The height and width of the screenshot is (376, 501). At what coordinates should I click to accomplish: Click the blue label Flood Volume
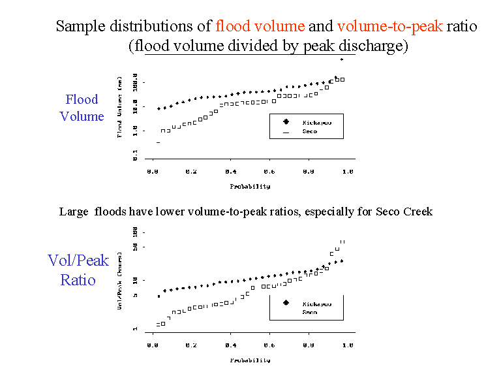tap(82, 108)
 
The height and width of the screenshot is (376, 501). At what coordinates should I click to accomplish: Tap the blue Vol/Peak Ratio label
tap(78, 270)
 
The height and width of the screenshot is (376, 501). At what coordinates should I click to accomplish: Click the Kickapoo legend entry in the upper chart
tap(316, 122)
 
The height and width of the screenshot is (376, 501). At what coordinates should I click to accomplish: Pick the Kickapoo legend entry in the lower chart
tap(316, 304)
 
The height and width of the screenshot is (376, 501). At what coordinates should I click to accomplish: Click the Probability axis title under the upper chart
tap(250, 186)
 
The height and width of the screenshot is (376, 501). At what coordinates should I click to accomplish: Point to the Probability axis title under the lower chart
tap(250, 360)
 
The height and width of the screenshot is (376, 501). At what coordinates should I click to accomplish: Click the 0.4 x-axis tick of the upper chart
tap(230, 172)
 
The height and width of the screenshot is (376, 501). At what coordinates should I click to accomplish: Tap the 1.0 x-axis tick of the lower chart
tap(347, 346)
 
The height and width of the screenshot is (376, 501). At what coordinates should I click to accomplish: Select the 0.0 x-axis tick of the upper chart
tap(153, 172)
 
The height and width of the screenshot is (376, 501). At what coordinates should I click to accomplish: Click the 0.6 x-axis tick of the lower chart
tap(269, 346)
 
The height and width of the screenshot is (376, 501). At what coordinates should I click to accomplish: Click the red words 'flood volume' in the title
tap(260, 27)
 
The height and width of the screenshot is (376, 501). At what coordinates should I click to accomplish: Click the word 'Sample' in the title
tap(77, 27)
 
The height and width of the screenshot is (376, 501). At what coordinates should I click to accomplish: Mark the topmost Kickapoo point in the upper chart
tap(341, 59)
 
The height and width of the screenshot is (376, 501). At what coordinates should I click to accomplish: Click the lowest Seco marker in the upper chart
tap(158, 142)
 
